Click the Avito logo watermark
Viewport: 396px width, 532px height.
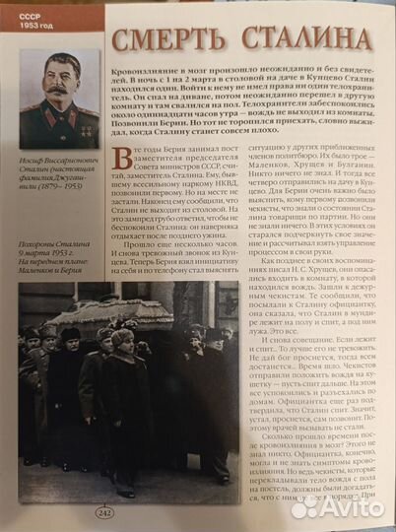(x=340, y=506)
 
